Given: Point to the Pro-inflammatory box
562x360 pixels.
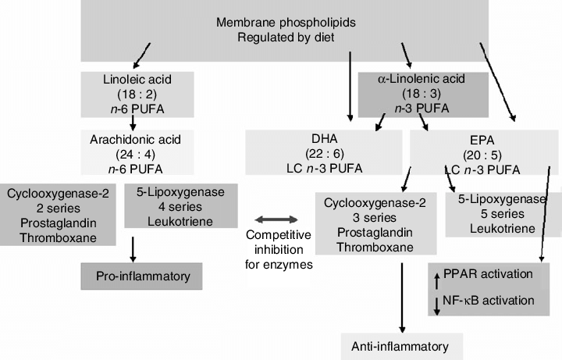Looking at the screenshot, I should (140, 276).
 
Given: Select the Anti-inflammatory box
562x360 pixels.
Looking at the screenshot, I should (401, 344).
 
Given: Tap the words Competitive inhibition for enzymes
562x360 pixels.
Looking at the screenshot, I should (279, 248).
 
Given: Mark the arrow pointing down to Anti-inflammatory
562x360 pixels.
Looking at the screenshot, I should (401, 297).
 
